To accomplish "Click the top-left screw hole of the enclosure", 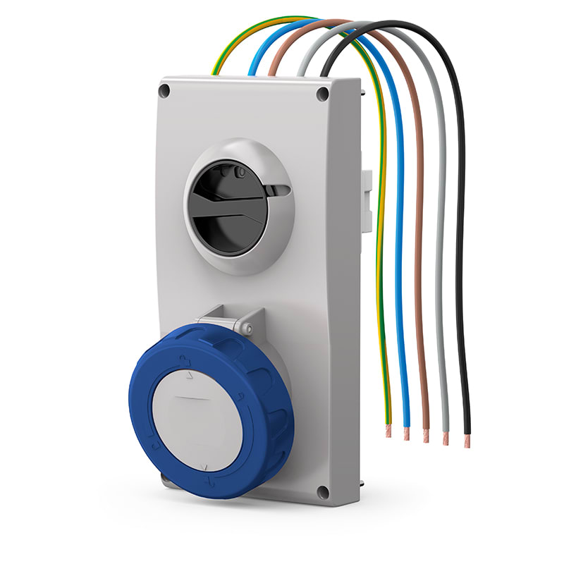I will (164, 90).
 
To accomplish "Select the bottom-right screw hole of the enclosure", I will (323, 492).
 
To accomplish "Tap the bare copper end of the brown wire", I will (426, 436).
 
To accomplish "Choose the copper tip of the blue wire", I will (407, 434).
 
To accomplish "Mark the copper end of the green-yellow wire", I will (388, 431).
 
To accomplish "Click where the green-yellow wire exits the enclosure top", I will (216, 73).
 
